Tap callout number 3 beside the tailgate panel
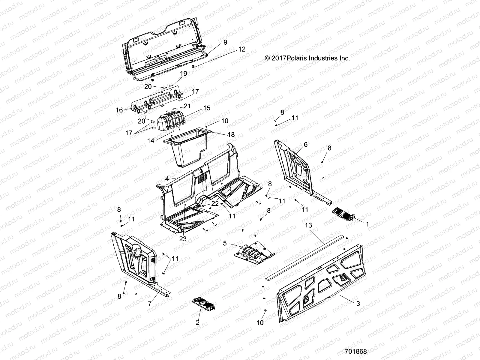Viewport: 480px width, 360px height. [x=358, y=304]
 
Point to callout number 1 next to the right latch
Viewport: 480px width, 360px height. [x=367, y=224]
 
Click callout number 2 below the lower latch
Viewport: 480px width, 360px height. [x=197, y=323]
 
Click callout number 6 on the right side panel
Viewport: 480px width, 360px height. [x=305, y=145]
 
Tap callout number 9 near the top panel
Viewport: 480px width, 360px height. [x=225, y=42]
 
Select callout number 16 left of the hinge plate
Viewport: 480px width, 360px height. [x=119, y=110]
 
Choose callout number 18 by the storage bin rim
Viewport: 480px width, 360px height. [x=231, y=135]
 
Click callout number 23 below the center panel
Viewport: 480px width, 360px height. [x=183, y=239]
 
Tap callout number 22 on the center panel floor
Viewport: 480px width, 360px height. [x=215, y=203]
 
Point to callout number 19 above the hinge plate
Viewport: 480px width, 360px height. [x=183, y=73]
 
